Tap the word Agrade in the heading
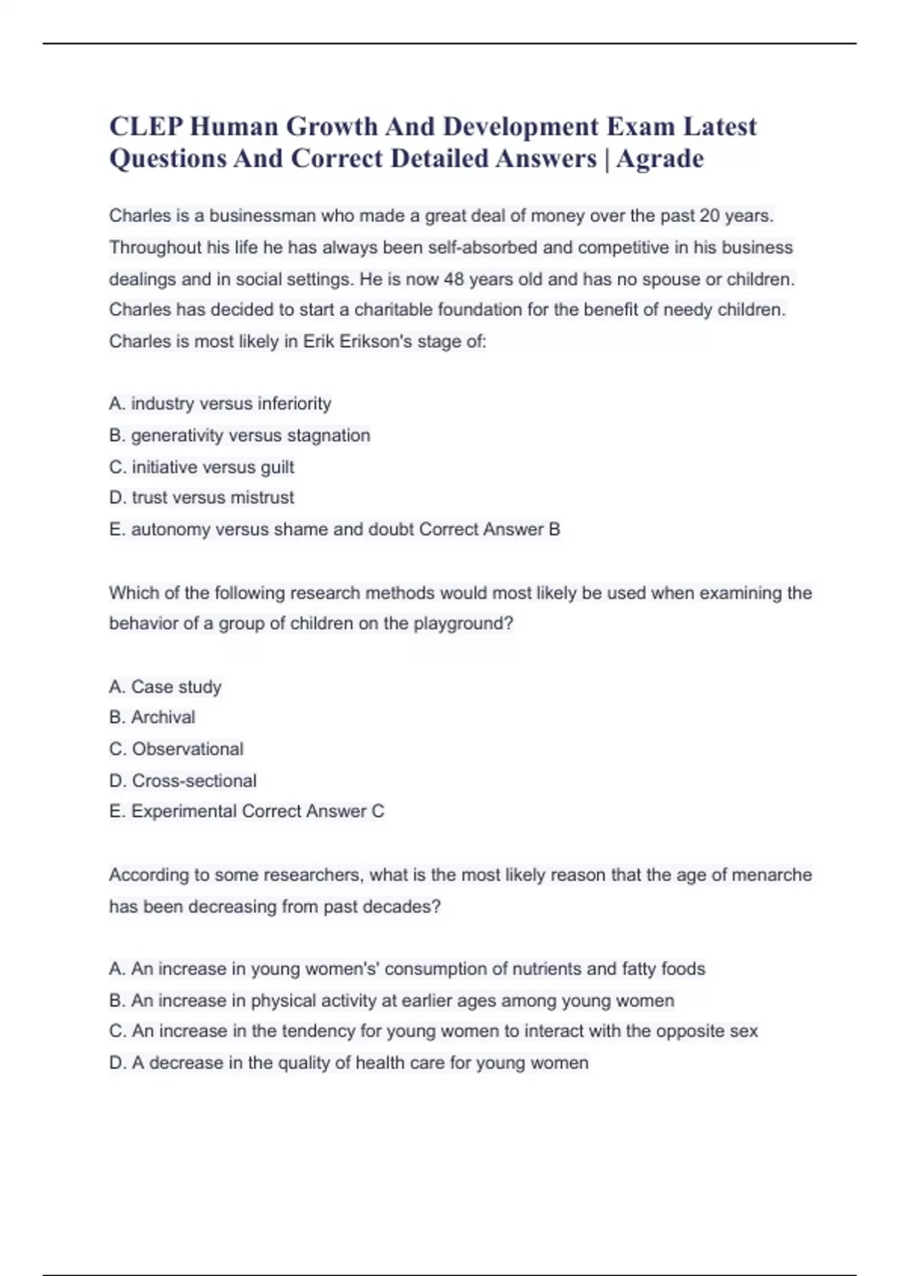(660, 159)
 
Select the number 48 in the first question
(454, 279)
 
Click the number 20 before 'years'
(709, 216)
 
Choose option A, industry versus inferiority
(220, 404)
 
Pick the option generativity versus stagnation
(240, 435)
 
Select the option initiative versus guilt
(202, 467)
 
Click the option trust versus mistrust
(202, 498)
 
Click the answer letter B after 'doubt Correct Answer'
(554, 530)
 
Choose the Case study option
(165, 687)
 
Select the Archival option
(152, 718)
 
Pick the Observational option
(176, 749)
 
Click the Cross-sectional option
(183, 781)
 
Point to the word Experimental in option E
(184, 811)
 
